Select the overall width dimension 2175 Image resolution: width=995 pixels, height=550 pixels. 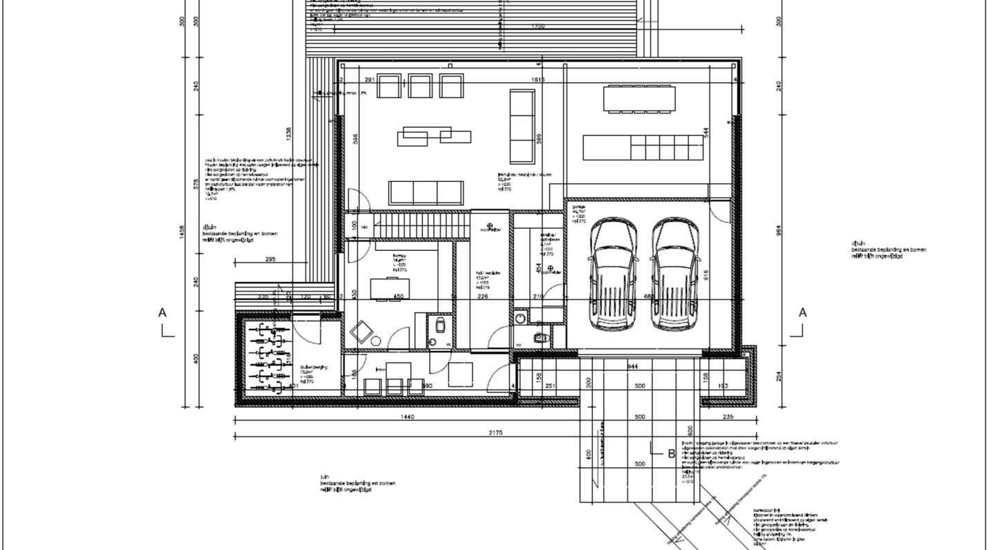(495, 433)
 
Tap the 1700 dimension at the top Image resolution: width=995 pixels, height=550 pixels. (538, 26)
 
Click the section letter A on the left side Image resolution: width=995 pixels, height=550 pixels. (162, 313)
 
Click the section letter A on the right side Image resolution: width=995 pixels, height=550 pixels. (802, 313)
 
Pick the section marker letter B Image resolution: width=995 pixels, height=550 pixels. (671, 454)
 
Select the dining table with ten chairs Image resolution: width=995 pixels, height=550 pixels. (638, 98)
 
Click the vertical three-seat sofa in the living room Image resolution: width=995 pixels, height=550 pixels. (522, 125)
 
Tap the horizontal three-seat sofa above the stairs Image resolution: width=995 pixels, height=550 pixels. (426, 192)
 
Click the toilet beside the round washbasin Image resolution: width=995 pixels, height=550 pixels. (540, 337)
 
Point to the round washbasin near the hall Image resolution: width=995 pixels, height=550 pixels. (520, 317)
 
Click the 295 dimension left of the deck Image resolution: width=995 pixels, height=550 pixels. (269, 259)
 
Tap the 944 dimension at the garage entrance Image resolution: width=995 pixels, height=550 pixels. (632, 366)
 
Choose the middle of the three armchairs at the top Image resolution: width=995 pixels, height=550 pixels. (419, 86)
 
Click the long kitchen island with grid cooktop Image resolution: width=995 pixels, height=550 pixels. (643, 147)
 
